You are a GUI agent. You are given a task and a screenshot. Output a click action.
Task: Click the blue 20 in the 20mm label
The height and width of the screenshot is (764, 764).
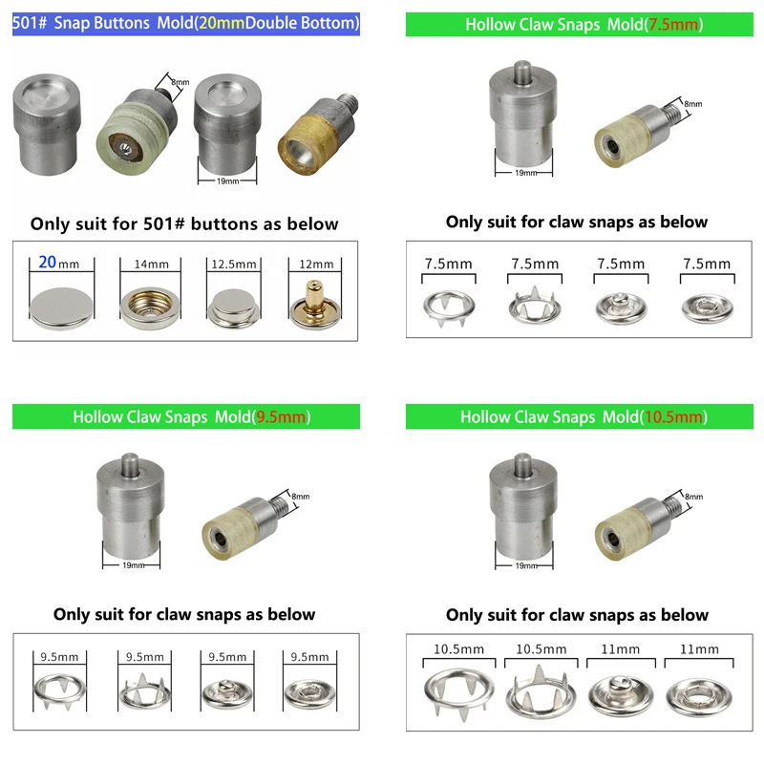click(x=47, y=262)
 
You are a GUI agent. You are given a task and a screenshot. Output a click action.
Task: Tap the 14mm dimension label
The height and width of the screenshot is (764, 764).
click(x=152, y=265)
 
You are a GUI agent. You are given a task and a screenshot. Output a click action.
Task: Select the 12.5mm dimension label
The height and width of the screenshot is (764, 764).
click(x=234, y=265)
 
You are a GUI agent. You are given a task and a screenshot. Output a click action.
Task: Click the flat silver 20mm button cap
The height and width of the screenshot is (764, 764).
click(x=61, y=308)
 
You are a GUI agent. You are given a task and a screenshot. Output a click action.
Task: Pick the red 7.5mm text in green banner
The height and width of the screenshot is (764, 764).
click(x=674, y=25)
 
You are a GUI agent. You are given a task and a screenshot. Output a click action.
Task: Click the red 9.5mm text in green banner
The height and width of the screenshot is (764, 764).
click(x=282, y=416)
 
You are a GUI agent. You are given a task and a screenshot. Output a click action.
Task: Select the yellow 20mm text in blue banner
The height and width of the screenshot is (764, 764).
click(x=222, y=23)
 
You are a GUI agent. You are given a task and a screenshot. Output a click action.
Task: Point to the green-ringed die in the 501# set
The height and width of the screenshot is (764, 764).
click(x=136, y=129)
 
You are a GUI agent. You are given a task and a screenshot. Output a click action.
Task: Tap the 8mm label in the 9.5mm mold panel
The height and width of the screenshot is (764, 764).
click(x=301, y=496)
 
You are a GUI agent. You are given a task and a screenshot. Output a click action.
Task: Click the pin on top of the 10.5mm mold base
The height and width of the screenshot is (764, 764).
click(x=522, y=465)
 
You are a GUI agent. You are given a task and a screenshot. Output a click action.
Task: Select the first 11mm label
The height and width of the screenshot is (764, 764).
click(x=620, y=649)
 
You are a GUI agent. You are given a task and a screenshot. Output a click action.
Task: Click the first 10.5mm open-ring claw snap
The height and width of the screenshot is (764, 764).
click(x=459, y=691)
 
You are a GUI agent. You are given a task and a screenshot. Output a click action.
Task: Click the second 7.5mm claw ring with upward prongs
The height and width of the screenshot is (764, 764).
click(x=535, y=306)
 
